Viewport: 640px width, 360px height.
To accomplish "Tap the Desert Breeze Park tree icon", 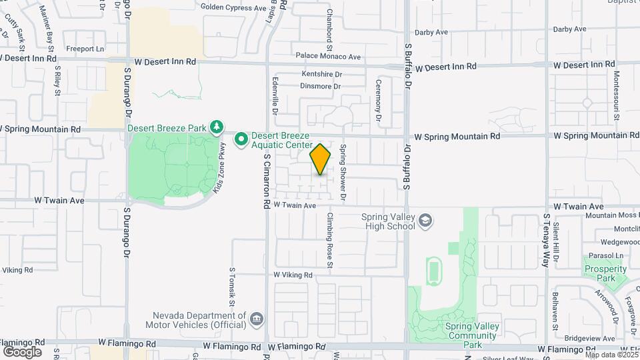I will [x=216, y=126].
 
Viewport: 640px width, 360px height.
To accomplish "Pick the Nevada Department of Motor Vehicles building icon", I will [x=256, y=320].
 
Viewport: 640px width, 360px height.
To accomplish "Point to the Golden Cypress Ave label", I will [x=233, y=8].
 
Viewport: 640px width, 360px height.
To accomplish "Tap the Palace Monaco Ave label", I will [x=328, y=57].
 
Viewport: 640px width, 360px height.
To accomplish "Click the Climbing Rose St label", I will [x=329, y=240].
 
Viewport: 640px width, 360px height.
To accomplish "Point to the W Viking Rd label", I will [x=293, y=275].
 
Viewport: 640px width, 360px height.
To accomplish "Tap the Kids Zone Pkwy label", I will [x=218, y=167].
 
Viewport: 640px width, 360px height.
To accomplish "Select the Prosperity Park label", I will [x=605, y=273].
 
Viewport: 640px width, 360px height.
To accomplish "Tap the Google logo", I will [x=22, y=351].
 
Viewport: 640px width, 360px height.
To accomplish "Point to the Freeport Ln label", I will [x=85, y=49].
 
